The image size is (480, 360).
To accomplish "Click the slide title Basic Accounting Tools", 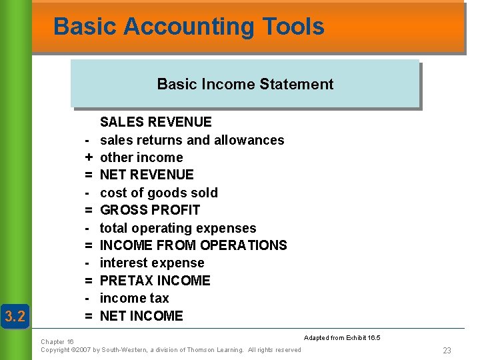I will tap(189, 27).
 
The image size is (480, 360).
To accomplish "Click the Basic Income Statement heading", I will tap(245, 84).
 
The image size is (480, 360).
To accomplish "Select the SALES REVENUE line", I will tap(155, 122).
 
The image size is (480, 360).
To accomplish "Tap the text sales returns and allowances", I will tap(192, 140).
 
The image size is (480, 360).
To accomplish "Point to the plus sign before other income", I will tap(88, 157).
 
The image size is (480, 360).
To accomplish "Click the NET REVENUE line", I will tap(147, 175).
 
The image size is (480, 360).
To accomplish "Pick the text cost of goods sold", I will tap(159, 193).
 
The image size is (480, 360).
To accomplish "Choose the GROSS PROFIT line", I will tap(150, 210).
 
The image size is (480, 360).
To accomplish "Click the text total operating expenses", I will tap(178, 228).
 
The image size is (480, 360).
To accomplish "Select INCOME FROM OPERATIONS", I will tap(193, 245).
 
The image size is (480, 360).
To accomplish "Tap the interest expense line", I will tap(152, 263).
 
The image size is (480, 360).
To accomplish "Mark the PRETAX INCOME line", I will tap(155, 281).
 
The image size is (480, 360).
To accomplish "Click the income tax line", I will tap(134, 298).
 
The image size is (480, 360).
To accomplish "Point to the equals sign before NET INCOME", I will tap(88, 316).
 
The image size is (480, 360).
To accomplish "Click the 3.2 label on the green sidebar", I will tap(15, 316).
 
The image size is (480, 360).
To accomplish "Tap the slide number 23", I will tap(447, 351).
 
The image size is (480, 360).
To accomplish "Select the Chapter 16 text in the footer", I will tap(57, 341).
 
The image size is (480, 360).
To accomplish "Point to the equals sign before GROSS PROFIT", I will tap(88, 210).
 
